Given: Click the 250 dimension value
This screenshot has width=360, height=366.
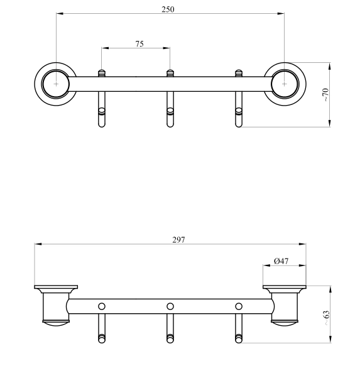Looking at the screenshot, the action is click(168, 9).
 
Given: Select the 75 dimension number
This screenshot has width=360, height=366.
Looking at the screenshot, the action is click(139, 44).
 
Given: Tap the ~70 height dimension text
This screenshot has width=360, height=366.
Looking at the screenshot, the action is click(325, 94).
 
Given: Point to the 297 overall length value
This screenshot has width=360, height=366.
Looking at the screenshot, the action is click(178, 240).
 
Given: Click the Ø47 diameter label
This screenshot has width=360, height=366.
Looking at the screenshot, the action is click(281, 261).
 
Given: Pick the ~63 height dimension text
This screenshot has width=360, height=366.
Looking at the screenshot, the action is click(327, 318).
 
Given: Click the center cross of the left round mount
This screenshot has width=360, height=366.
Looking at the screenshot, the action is click(56, 84).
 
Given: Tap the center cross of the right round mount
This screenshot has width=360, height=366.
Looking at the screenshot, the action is click(284, 84).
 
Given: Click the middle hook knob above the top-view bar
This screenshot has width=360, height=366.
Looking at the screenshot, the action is click(170, 73).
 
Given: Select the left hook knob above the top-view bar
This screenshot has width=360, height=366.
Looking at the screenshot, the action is click(101, 73).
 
